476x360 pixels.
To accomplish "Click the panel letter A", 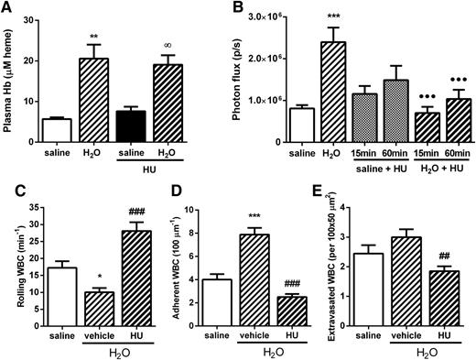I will coord(8,10).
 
